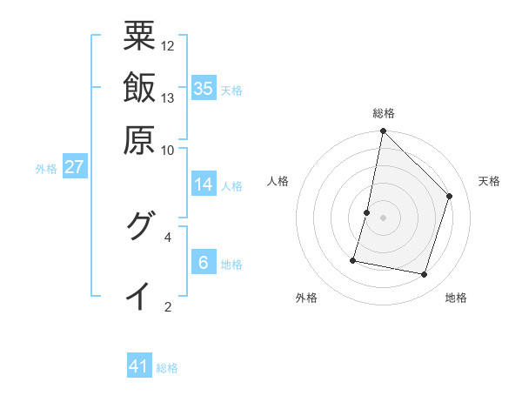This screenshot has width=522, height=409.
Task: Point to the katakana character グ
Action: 139,227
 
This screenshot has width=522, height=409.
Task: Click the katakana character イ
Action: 139,296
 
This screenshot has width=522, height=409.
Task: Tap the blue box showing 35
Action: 204,89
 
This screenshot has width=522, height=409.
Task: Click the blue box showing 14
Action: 204,184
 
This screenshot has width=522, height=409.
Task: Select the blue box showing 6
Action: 204,263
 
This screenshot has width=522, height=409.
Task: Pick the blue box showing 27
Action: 74,167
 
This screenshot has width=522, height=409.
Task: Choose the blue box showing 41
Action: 139,366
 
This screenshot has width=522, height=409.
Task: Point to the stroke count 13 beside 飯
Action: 168,97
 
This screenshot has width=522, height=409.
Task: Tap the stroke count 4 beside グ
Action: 168,236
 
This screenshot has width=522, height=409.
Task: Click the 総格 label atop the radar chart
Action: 384,113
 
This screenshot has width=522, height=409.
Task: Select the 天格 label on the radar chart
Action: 489,181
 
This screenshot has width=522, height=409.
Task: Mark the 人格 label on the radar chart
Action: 278,181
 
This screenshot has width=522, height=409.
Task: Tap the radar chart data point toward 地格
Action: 424,275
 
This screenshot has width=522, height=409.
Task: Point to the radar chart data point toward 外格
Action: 353,260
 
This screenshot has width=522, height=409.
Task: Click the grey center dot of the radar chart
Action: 384,218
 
